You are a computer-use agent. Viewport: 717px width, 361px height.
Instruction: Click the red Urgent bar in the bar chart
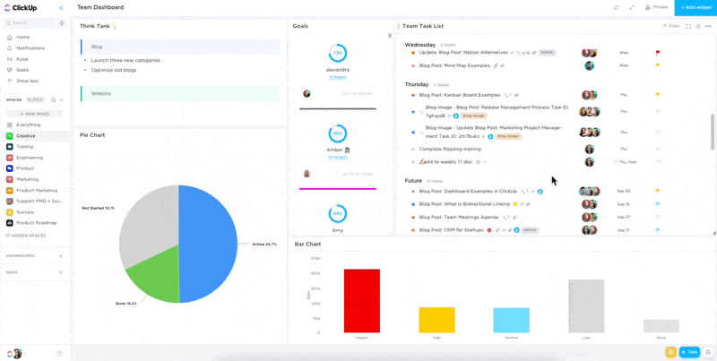pyautogui.click(x=362, y=301)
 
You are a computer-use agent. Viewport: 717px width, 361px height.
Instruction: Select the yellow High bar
pyautogui.click(x=437, y=320)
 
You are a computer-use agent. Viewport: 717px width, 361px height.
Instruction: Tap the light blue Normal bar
pyautogui.click(x=511, y=320)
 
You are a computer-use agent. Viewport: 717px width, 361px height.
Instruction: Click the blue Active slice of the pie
pyautogui.click(x=210, y=243)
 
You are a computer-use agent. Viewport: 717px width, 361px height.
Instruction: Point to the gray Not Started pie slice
pyautogui.click(x=148, y=219)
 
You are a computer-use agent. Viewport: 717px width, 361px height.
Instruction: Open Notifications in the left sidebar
pyautogui.click(x=30, y=48)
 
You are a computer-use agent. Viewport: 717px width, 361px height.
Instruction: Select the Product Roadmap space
pyautogui.click(x=36, y=223)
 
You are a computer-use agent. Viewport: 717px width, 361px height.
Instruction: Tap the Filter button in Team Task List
pyautogui.click(x=672, y=26)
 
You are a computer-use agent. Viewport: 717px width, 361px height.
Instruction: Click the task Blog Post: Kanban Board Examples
pyautogui.click(x=460, y=95)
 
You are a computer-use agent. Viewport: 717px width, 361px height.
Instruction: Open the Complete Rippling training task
pyautogui.click(x=450, y=149)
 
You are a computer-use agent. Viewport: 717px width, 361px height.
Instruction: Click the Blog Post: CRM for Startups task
pyautogui.click(x=452, y=230)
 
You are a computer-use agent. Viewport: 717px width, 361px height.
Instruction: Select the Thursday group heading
pyautogui.click(x=416, y=84)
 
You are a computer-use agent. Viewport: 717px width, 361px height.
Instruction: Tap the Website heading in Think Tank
pyautogui.click(x=101, y=93)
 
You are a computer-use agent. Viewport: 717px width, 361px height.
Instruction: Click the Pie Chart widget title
pyautogui.click(x=92, y=135)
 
